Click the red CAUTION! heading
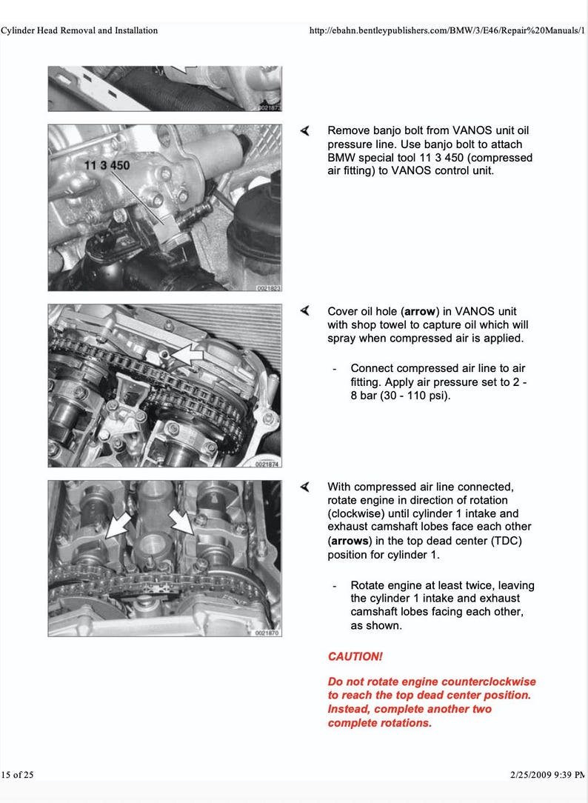(355, 656)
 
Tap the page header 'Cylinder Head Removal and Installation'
(79, 30)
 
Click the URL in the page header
(447, 30)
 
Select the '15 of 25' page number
(18, 775)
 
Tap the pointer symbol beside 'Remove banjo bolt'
(304, 130)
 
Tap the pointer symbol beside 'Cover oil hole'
(304, 311)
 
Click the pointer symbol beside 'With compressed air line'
(304, 487)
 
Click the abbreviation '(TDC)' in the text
(503, 540)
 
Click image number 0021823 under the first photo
(267, 287)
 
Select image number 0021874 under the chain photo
(267, 464)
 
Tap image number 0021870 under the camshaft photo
(267, 633)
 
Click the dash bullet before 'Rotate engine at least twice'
(335, 585)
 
